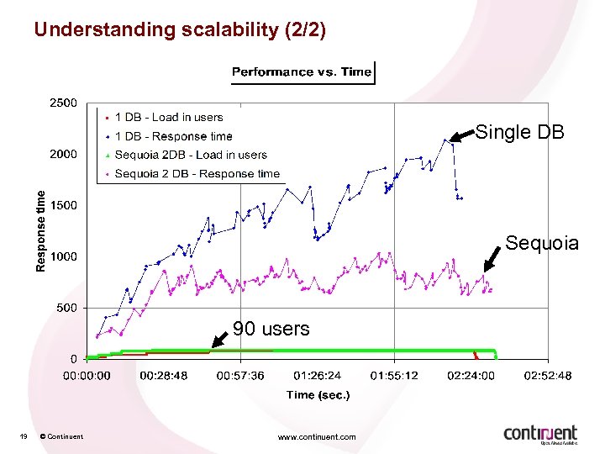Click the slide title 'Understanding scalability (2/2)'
pyautogui.click(x=179, y=29)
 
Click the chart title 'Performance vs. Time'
pyautogui.click(x=302, y=71)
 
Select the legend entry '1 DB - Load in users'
pyautogui.click(x=168, y=118)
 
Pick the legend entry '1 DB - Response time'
pyautogui.click(x=173, y=136)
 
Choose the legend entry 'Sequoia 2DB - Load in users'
pyautogui.click(x=190, y=155)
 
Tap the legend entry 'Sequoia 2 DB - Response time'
pyautogui.click(x=197, y=173)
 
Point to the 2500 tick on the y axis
pyautogui.click(x=60, y=103)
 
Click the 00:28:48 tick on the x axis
pyautogui.click(x=164, y=376)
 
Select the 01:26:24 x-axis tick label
pyautogui.click(x=318, y=376)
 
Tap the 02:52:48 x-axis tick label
pyautogui.click(x=548, y=376)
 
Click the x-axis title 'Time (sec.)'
pyautogui.click(x=318, y=394)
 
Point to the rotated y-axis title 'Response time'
pyautogui.click(x=39, y=230)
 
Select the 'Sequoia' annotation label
pyautogui.click(x=542, y=243)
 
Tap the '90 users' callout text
pyautogui.click(x=271, y=329)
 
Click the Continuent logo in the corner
pyautogui.click(x=540, y=433)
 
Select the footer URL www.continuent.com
pyautogui.click(x=317, y=436)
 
